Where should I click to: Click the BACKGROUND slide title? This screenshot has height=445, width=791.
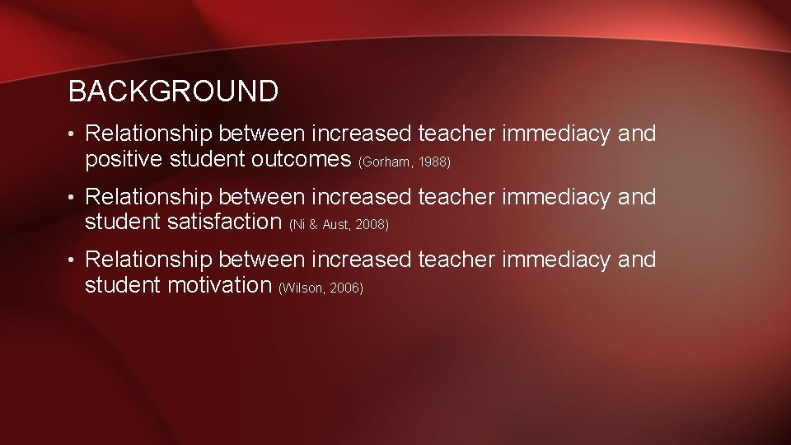(173, 91)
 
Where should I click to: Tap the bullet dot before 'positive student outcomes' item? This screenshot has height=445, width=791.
(73, 134)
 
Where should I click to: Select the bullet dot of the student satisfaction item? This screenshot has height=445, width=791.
(73, 198)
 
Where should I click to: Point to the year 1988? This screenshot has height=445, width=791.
(434, 162)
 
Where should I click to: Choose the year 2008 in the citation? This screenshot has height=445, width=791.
(370, 225)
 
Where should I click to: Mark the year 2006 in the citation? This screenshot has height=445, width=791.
(345, 288)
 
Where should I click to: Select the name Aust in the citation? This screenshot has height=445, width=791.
(335, 225)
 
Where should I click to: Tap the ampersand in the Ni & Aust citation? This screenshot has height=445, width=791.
(314, 225)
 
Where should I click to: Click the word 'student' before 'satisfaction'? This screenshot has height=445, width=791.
(124, 222)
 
